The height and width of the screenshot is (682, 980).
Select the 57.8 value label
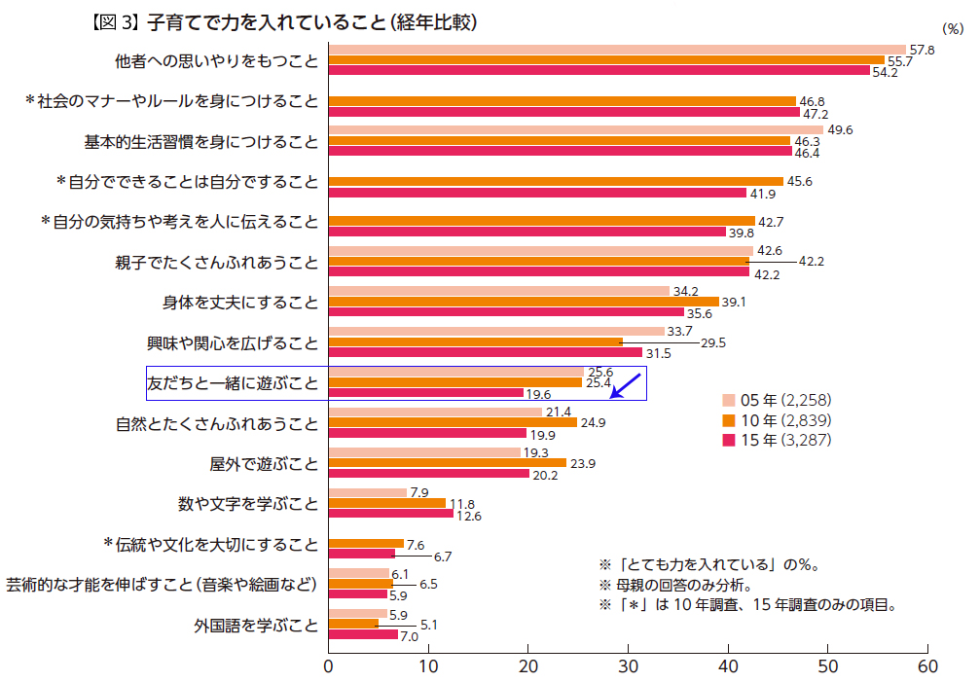922,50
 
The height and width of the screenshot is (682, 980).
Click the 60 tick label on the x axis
928,666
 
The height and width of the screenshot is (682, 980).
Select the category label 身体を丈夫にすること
240,302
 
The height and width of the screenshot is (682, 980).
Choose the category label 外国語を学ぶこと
257,625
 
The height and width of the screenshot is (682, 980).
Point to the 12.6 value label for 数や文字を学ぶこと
469,515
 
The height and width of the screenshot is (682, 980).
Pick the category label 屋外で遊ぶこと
264,463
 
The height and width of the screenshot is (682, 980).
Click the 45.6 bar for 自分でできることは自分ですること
556,181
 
